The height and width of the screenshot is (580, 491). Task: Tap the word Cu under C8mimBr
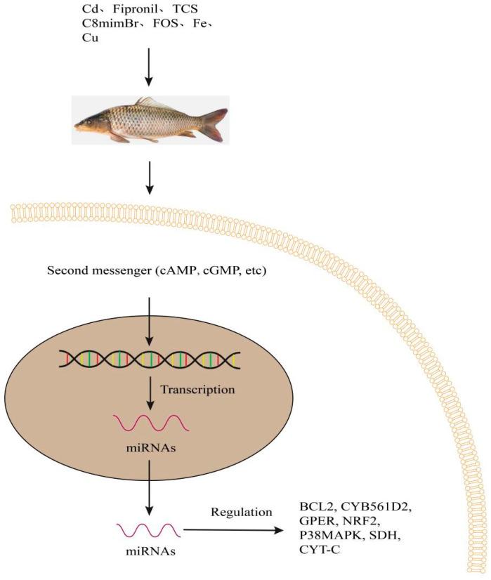(90, 39)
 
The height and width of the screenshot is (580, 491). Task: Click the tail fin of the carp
(214, 124)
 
